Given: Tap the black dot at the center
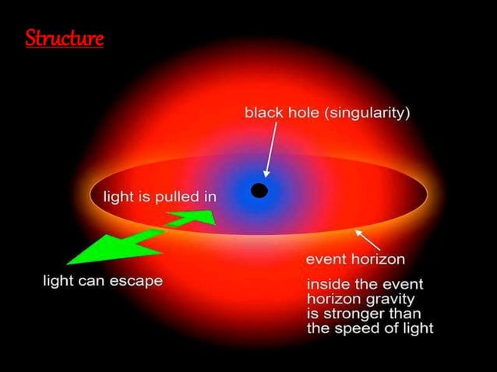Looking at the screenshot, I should point(259,190).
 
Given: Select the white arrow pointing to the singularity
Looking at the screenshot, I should point(271,153).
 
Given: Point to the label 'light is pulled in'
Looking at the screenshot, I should point(160,196).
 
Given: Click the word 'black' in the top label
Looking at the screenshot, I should point(263,113).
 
